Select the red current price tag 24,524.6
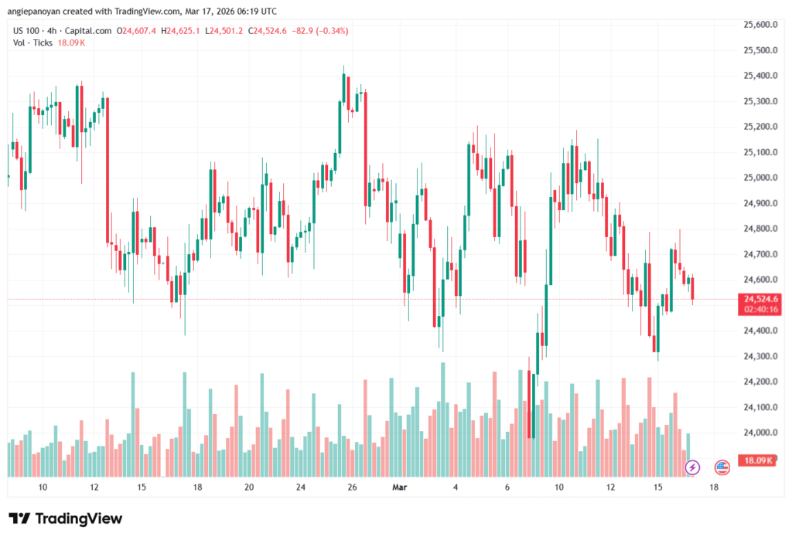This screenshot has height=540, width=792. [x=760, y=299]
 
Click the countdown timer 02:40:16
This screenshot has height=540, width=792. [x=760, y=309]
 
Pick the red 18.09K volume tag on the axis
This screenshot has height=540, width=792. [x=758, y=461]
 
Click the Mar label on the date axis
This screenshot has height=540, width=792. [x=400, y=487]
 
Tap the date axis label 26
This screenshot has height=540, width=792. [x=352, y=487]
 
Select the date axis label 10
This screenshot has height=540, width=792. [x=43, y=487]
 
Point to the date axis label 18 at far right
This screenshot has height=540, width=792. [x=713, y=487]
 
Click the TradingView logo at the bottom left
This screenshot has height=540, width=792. [x=65, y=518]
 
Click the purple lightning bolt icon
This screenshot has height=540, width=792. [x=693, y=467]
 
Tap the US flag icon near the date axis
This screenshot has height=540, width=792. [x=722, y=467]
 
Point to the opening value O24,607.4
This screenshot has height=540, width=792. [x=136, y=31]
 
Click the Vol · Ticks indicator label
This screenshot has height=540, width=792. [x=32, y=42]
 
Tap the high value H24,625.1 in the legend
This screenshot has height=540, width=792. [x=180, y=31]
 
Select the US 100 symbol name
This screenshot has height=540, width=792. [x=26, y=31]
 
